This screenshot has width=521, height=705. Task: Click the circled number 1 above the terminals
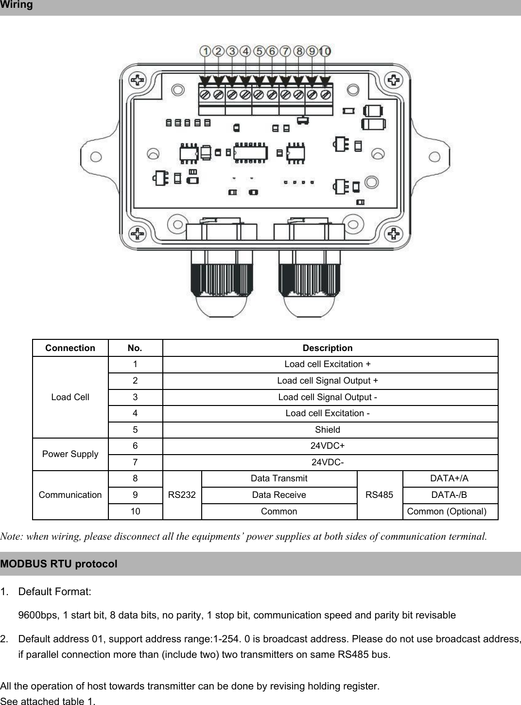(206, 51)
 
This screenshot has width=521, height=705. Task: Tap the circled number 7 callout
(285, 51)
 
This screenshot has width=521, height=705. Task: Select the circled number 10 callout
(325, 51)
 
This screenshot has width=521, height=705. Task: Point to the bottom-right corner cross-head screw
(394, 234)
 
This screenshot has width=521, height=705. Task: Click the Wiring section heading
(17, 5)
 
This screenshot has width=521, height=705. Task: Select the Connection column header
(70, 348)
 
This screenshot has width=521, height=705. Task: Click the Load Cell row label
(70, 397)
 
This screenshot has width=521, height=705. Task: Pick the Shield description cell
(328, 430)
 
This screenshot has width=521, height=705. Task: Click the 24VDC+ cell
(328, 446)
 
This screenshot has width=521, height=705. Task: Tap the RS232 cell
(182, 495)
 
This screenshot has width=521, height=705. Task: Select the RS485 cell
(379, 495)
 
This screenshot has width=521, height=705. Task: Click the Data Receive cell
(279, 495)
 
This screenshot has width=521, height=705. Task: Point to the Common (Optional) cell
(447, 511)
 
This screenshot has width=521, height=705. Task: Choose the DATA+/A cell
(450, 478)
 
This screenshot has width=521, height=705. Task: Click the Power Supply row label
(70, 454)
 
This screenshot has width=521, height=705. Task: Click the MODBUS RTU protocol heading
(59, 564)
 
